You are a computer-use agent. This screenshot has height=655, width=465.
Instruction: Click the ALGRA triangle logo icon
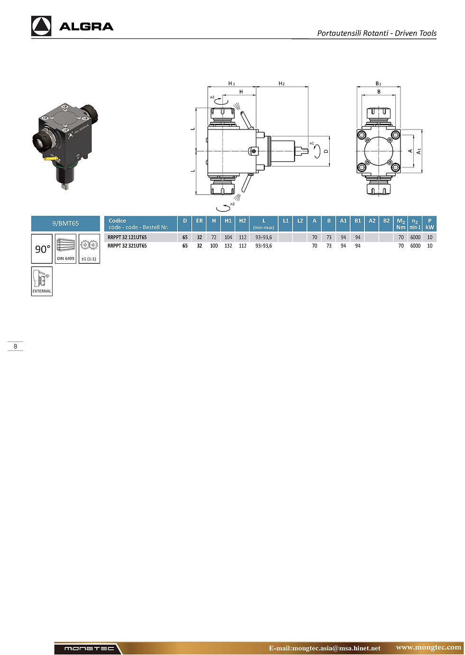point(41,26)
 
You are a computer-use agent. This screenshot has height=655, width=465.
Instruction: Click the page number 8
point(16,346)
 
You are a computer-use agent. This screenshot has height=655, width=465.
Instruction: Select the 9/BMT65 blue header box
point(65,223)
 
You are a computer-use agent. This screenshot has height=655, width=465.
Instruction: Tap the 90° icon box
point(42,249)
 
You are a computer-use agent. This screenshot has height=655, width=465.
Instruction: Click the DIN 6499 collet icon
point(65,249)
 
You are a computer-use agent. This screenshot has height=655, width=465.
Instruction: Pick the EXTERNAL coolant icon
point(42,281)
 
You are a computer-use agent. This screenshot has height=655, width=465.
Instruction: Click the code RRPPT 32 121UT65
point(127,237)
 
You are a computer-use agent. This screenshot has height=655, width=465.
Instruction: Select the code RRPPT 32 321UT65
point(127,246)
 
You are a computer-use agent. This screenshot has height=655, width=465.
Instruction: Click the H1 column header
point(228,221)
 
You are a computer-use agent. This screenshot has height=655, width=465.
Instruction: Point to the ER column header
point(199,221)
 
